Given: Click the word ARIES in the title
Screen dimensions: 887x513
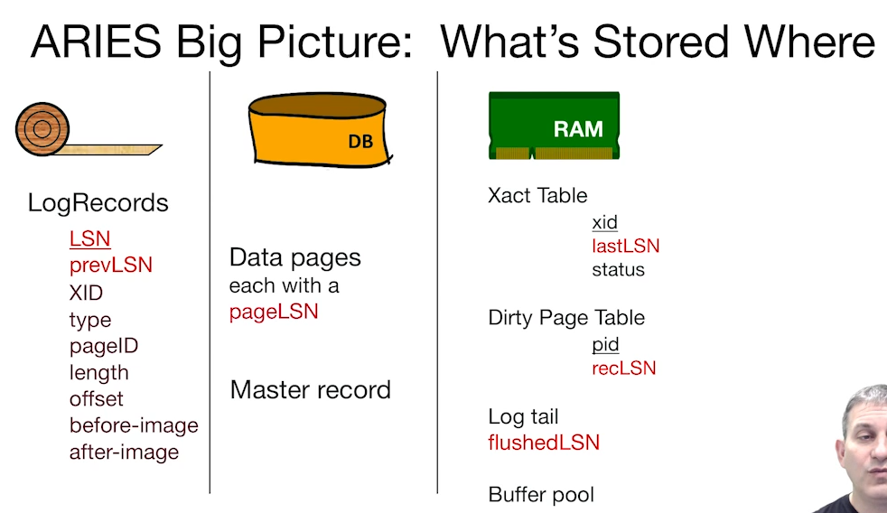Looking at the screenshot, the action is (x=96, y=42).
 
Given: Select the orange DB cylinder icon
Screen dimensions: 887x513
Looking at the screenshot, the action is (x=320, y=130).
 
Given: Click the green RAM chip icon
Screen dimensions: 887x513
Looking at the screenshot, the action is (x=554, y=126).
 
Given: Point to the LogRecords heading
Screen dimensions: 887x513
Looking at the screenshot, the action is (x=98, y=202).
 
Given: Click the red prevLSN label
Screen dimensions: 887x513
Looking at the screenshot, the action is (x=111, y=265).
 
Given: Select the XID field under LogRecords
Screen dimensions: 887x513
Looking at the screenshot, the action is (x=86, y=293).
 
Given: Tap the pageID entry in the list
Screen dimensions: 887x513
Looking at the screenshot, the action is (x=104, y=346).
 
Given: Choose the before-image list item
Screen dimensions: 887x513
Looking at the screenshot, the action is (x=134, y=425).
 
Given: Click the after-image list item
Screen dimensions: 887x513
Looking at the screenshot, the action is (x=124, y=452).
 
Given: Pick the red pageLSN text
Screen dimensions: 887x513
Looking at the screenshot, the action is (x=274, y=312).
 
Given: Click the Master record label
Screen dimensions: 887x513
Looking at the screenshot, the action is (x=311, y=389).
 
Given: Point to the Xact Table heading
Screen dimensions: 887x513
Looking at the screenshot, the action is (x=537, y=195).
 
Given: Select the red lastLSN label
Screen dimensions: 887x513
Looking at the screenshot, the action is (x=626, y=246).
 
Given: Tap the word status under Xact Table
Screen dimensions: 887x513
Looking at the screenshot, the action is (x=619, y=269).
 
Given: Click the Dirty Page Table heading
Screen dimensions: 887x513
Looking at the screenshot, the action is (x=566, y=318).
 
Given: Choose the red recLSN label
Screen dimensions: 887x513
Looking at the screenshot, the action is (x=624, y=368).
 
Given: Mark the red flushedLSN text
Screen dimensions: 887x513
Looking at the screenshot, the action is (x=544, y=443).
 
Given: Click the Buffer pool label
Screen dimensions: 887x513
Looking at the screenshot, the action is (x=541, y=494).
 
